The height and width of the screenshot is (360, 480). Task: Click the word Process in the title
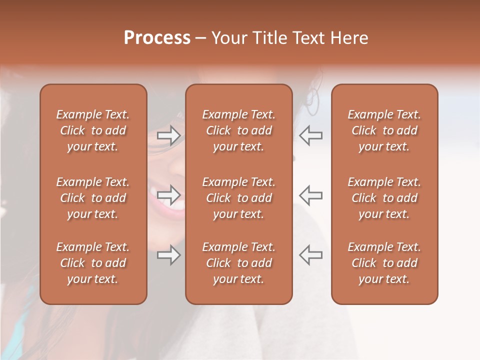click(157, 38)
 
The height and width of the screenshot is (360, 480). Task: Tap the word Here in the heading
click(349, 38)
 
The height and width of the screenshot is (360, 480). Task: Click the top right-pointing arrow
click(168, 135)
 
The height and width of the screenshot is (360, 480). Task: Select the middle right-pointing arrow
click(168, 195)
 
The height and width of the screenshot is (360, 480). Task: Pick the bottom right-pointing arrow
click(168, 255)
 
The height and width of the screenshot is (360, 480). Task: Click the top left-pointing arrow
click(310, 135)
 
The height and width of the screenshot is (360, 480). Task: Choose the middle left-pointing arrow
click(310, 195)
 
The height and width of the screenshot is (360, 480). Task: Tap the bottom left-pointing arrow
click(310, 255)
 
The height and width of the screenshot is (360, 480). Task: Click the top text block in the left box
click(93, 130)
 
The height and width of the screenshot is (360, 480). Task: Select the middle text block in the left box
click(93, 198)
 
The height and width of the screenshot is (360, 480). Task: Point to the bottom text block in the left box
click(93, 263)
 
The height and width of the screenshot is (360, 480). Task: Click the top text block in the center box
click(239, 130)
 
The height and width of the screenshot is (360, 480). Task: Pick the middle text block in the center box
click(239, 198)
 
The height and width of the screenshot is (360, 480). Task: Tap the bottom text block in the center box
click(239, 263)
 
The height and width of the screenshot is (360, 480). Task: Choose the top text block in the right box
click(384, 130)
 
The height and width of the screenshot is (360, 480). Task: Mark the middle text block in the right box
click(384, 198)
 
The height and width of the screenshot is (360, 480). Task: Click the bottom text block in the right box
click(384, 263)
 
